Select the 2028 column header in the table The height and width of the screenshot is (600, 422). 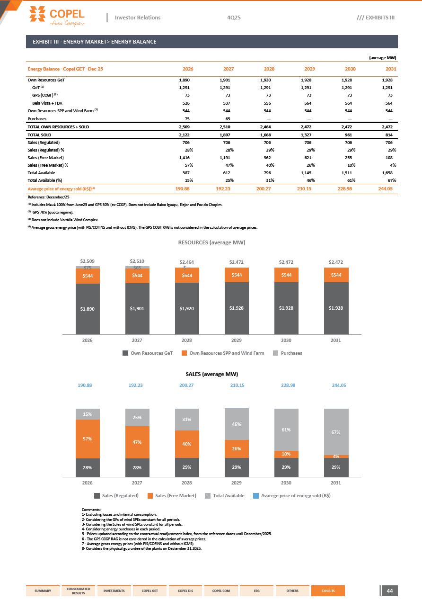pos(269,69)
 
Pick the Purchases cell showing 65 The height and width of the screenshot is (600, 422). pos(228,119)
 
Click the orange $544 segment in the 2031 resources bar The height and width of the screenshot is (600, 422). pos(336,275)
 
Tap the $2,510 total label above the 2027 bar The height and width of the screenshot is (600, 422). pos(137,261)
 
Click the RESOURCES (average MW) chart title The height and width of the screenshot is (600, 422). pos(211,242)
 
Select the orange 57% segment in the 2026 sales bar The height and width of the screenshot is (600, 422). pos(88,439)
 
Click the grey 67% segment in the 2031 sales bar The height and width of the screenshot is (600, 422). pos(336,431)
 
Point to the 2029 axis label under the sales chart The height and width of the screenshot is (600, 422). pos(237,483)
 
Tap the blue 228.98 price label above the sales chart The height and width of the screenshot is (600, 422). pos(286,385)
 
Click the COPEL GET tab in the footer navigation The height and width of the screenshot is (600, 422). pos(149,591)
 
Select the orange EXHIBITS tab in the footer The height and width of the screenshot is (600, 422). pos(328,591)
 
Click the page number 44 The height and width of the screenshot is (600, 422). pos(390,591)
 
